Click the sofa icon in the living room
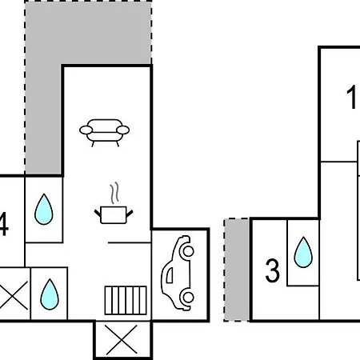pos(104,133)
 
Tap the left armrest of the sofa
pos(86,130)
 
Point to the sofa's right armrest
pos(123,130)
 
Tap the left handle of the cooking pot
pos(98,213)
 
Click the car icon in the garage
pos(178,273)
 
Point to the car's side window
pos(170,275)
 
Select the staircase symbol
pos(126,300)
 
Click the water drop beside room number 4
pos(44,210)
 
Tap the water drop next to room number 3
pos(303,252)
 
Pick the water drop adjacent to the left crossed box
pos(50,294)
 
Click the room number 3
pos(273,271)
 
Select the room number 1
pos(351,97)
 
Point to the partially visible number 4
pos(4,224)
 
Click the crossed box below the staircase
pos(122,340)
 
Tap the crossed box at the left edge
pos(14,295)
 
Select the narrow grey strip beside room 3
pos(237,270)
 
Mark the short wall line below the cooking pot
pos(130,242)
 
